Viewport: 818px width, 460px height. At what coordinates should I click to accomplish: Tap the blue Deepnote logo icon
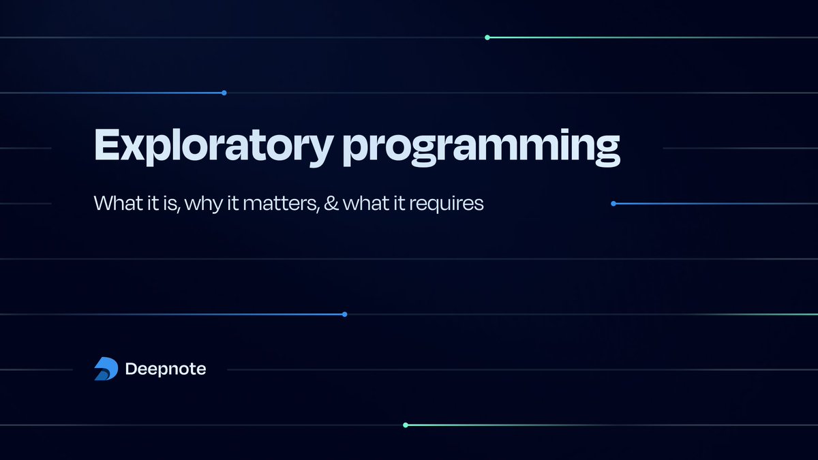click(106, 369)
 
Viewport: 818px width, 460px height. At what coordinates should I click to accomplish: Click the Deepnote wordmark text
click(166, 369)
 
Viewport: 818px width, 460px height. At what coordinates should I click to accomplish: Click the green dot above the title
click(487, 37)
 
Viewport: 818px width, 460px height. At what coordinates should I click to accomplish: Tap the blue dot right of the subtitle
click(613, 203)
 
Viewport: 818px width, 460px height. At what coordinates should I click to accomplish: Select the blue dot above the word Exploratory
click(224, 93)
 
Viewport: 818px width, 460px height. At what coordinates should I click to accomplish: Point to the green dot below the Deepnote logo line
click(406, 425)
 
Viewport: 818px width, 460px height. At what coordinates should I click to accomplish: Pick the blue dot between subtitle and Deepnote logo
click(344, 314)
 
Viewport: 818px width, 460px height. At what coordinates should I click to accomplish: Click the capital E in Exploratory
click(106, 144)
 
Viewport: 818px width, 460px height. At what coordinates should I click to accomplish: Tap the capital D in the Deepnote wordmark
click(131, 369)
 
